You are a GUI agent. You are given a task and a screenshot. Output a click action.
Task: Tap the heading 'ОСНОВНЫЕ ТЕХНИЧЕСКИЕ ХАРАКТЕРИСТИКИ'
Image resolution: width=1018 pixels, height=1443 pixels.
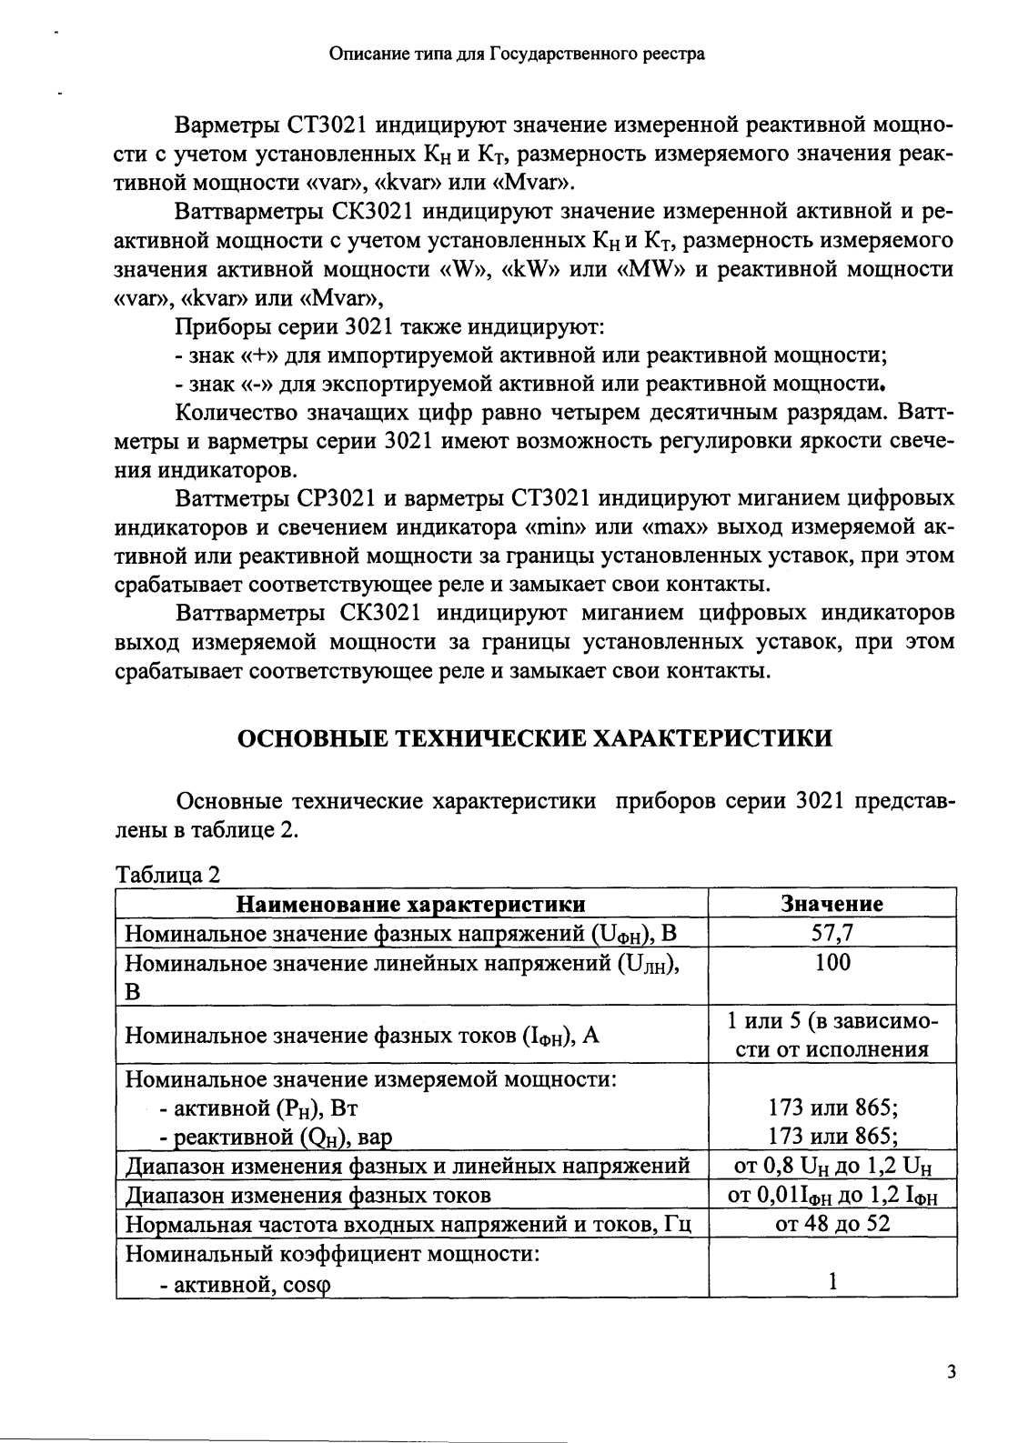(534, 738)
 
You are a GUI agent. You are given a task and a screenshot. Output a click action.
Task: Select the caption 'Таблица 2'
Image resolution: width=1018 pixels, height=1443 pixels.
(167, 875)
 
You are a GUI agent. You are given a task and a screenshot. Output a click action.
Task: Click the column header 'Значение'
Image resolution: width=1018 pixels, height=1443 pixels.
(832, 904)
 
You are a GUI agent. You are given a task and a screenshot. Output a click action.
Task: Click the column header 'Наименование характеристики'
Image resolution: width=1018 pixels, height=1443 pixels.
(411, 904)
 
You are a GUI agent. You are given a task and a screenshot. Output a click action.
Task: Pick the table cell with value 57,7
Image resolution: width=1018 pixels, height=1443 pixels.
(832, 933)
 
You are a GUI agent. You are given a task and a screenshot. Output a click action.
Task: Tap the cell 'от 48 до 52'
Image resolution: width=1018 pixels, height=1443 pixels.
(832, 1224)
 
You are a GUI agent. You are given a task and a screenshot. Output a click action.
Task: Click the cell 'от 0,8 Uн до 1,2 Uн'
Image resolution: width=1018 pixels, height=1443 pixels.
(832, 1166)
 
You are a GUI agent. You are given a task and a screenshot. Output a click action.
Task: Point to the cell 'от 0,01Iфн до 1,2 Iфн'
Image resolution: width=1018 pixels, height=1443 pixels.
(832, 1195)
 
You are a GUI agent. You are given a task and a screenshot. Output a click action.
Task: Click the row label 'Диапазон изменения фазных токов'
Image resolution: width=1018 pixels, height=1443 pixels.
(307, 1195)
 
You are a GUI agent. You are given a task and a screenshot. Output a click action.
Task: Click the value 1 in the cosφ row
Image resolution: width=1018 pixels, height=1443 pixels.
(832, 1282)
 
